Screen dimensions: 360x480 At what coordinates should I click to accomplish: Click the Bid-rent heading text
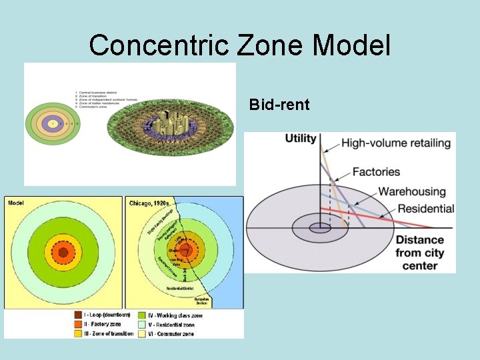(x=279, y=105)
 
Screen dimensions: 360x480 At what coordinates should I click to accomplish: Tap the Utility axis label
(x=301, y=139)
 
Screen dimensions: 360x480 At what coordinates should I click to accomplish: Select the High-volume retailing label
(x=397, y=142)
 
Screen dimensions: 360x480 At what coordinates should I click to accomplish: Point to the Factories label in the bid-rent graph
(x=375, y=172)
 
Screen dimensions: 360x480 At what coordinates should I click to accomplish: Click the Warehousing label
(x=411, y=192)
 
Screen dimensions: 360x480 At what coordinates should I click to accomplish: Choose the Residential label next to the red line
(x=425, y=208)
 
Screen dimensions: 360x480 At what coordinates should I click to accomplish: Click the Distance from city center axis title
(x=419, y=252)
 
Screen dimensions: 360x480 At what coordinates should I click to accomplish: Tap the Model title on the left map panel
(x=18, y=203)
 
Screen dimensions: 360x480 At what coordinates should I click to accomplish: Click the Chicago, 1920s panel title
(x=149, y=203)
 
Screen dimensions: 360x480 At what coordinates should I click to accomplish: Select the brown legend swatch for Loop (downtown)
(x=78, y=315)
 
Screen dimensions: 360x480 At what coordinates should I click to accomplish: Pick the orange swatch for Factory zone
(x=78, y=324)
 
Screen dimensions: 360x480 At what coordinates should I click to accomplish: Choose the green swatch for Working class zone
(x=142, y=315)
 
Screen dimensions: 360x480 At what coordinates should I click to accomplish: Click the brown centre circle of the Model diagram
(x=63, y=253)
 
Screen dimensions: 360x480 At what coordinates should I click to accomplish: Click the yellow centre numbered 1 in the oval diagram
(x=52, y=124)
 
